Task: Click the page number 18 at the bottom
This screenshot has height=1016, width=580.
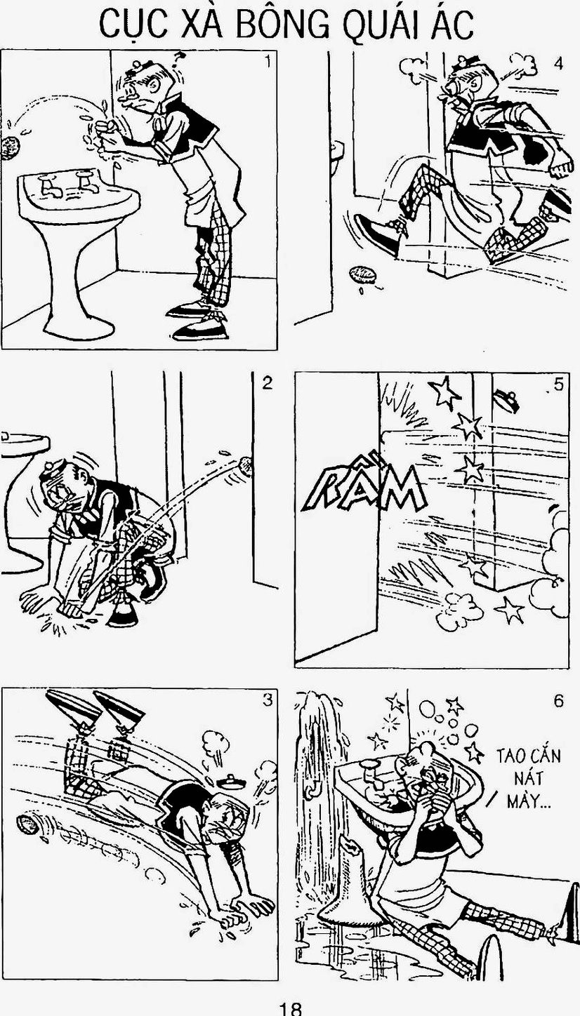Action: (290, 1008)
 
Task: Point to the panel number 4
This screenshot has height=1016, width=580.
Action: (558, 64)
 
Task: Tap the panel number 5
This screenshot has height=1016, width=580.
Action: (558, 385)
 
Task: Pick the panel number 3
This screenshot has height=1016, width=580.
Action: (268, 700)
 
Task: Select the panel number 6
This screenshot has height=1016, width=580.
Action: (558, 701)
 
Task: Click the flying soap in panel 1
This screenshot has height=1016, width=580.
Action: (11, 148)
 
